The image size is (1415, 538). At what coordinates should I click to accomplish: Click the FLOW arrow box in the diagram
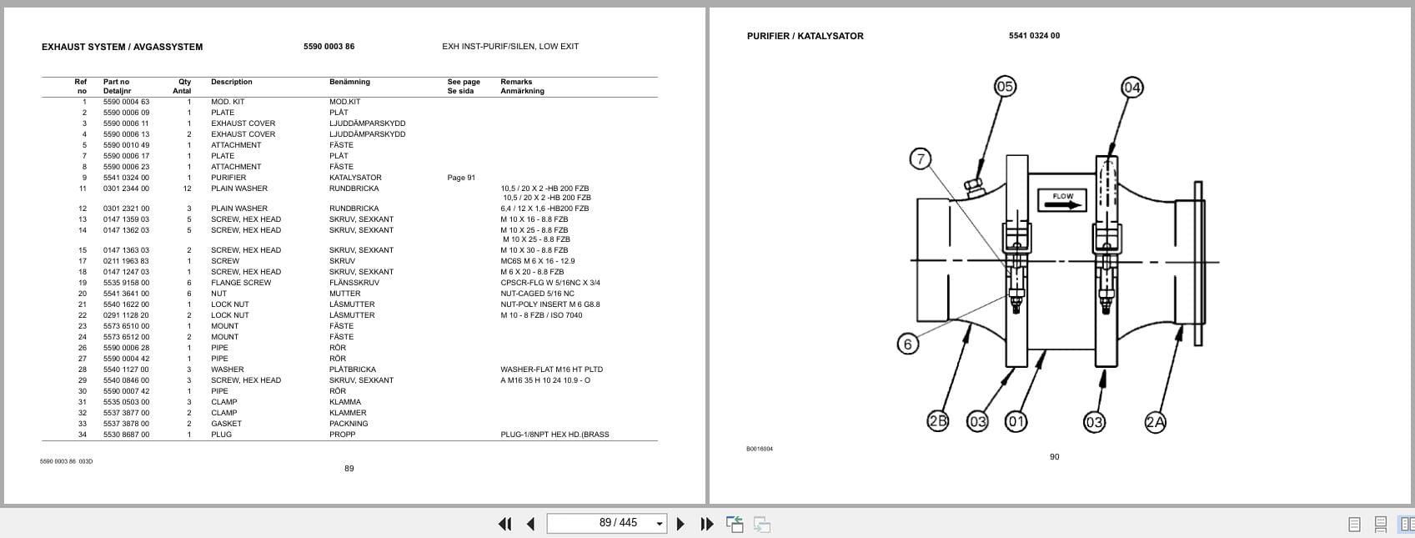(x=1061, y=200)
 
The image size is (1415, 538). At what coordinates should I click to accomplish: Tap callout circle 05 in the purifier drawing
(x=1005, y=87)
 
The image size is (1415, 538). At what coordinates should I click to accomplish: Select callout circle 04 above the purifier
(x=1131, y=87)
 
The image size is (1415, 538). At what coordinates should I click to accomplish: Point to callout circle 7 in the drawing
(x=920, y=158)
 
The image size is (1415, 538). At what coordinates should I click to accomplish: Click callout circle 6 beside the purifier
(x=908, y=343)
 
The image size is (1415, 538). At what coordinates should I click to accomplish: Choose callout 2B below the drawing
(x=938, y=421)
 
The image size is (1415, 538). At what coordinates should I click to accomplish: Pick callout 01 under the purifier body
(x=1016, y=421)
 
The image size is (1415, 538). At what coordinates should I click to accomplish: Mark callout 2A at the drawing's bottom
(x=1155, y=422)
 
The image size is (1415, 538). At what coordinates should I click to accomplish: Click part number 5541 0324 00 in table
(x=126, y=178)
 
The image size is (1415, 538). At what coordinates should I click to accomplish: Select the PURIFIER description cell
(x=228, y=178)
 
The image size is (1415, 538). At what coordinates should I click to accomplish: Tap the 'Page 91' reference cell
(x=461, y=178)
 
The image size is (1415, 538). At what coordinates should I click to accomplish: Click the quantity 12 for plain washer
(x=188, y=189)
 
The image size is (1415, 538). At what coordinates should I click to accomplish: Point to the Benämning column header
(x=349, y=82)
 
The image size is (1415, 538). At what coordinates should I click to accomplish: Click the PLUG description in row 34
(x=221, y=435)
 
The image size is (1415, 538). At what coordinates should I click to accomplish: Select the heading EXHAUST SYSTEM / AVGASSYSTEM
(x=122, y=47)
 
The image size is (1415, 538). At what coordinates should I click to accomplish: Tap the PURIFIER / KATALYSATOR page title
(x=805, y=36)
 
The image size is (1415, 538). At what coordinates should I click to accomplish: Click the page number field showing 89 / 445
(x=606, y=523)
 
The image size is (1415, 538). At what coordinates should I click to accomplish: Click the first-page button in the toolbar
(x=504, y=524)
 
